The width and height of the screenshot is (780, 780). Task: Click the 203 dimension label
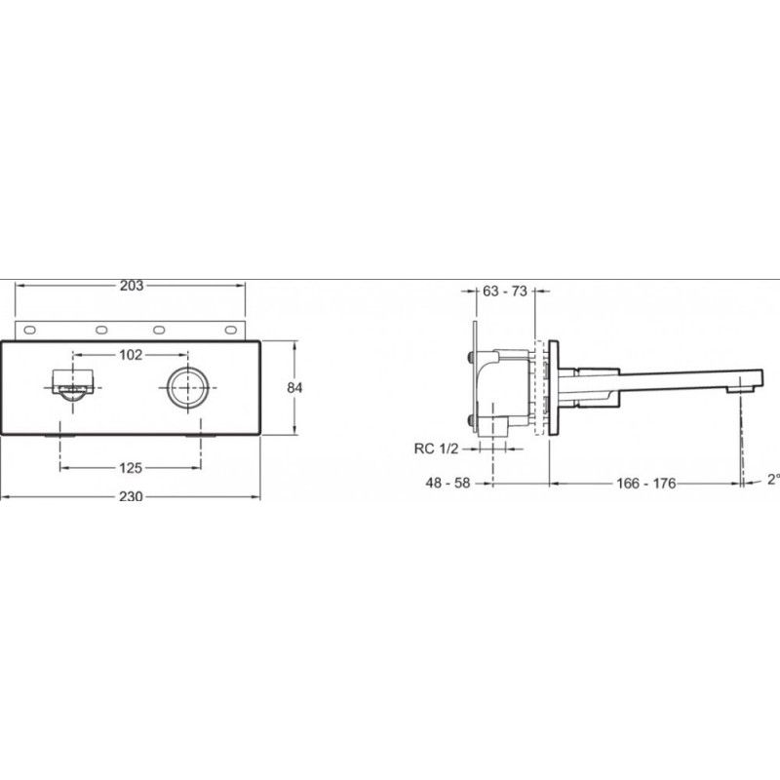(x=132, y=286)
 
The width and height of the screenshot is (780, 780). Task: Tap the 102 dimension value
(x=131, y=355)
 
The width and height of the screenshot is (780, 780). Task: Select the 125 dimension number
(x=131, y=468)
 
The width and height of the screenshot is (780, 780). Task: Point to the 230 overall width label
(x=131, y=496)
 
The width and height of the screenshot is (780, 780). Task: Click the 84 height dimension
(x=294, y=387)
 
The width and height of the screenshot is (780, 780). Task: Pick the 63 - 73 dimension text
(x=505, y=291)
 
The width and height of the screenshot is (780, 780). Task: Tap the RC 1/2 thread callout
(x=436, y=448)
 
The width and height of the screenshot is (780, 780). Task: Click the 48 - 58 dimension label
(x=448, y=483)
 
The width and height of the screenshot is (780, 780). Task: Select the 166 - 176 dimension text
(x=646, y=483)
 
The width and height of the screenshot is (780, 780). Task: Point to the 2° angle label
(x=773, y=479)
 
